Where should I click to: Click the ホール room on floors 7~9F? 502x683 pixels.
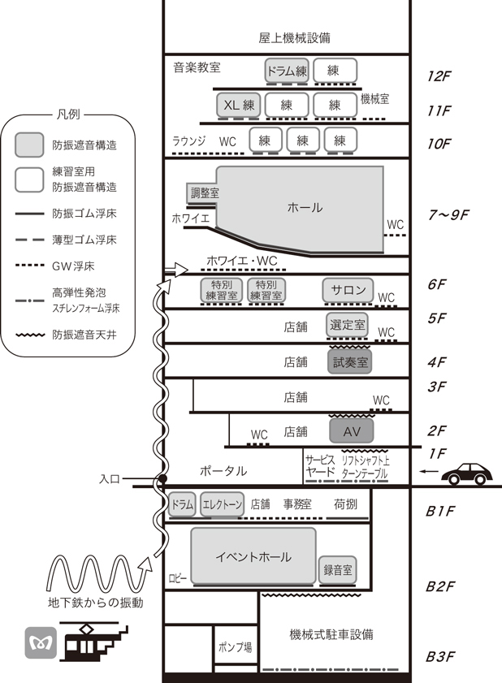tap(305, 208)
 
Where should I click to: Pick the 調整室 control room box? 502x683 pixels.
tap(206, 192)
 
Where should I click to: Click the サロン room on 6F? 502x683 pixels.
tap(348, 289)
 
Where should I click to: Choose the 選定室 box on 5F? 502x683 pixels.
tap(347, 325)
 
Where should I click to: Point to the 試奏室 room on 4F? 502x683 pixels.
tap(350, 361)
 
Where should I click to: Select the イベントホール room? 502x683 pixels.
tap(253, 556)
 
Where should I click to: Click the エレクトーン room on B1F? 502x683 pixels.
tap(222, 504)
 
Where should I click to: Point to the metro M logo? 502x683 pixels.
tap(40, 643)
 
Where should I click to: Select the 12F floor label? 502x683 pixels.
tap(439, 76)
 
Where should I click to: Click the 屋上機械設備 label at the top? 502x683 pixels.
tap(294, 38)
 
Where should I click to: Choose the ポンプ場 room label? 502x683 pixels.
tap(236, 647)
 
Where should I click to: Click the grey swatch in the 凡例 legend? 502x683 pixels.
tap(29, 145)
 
